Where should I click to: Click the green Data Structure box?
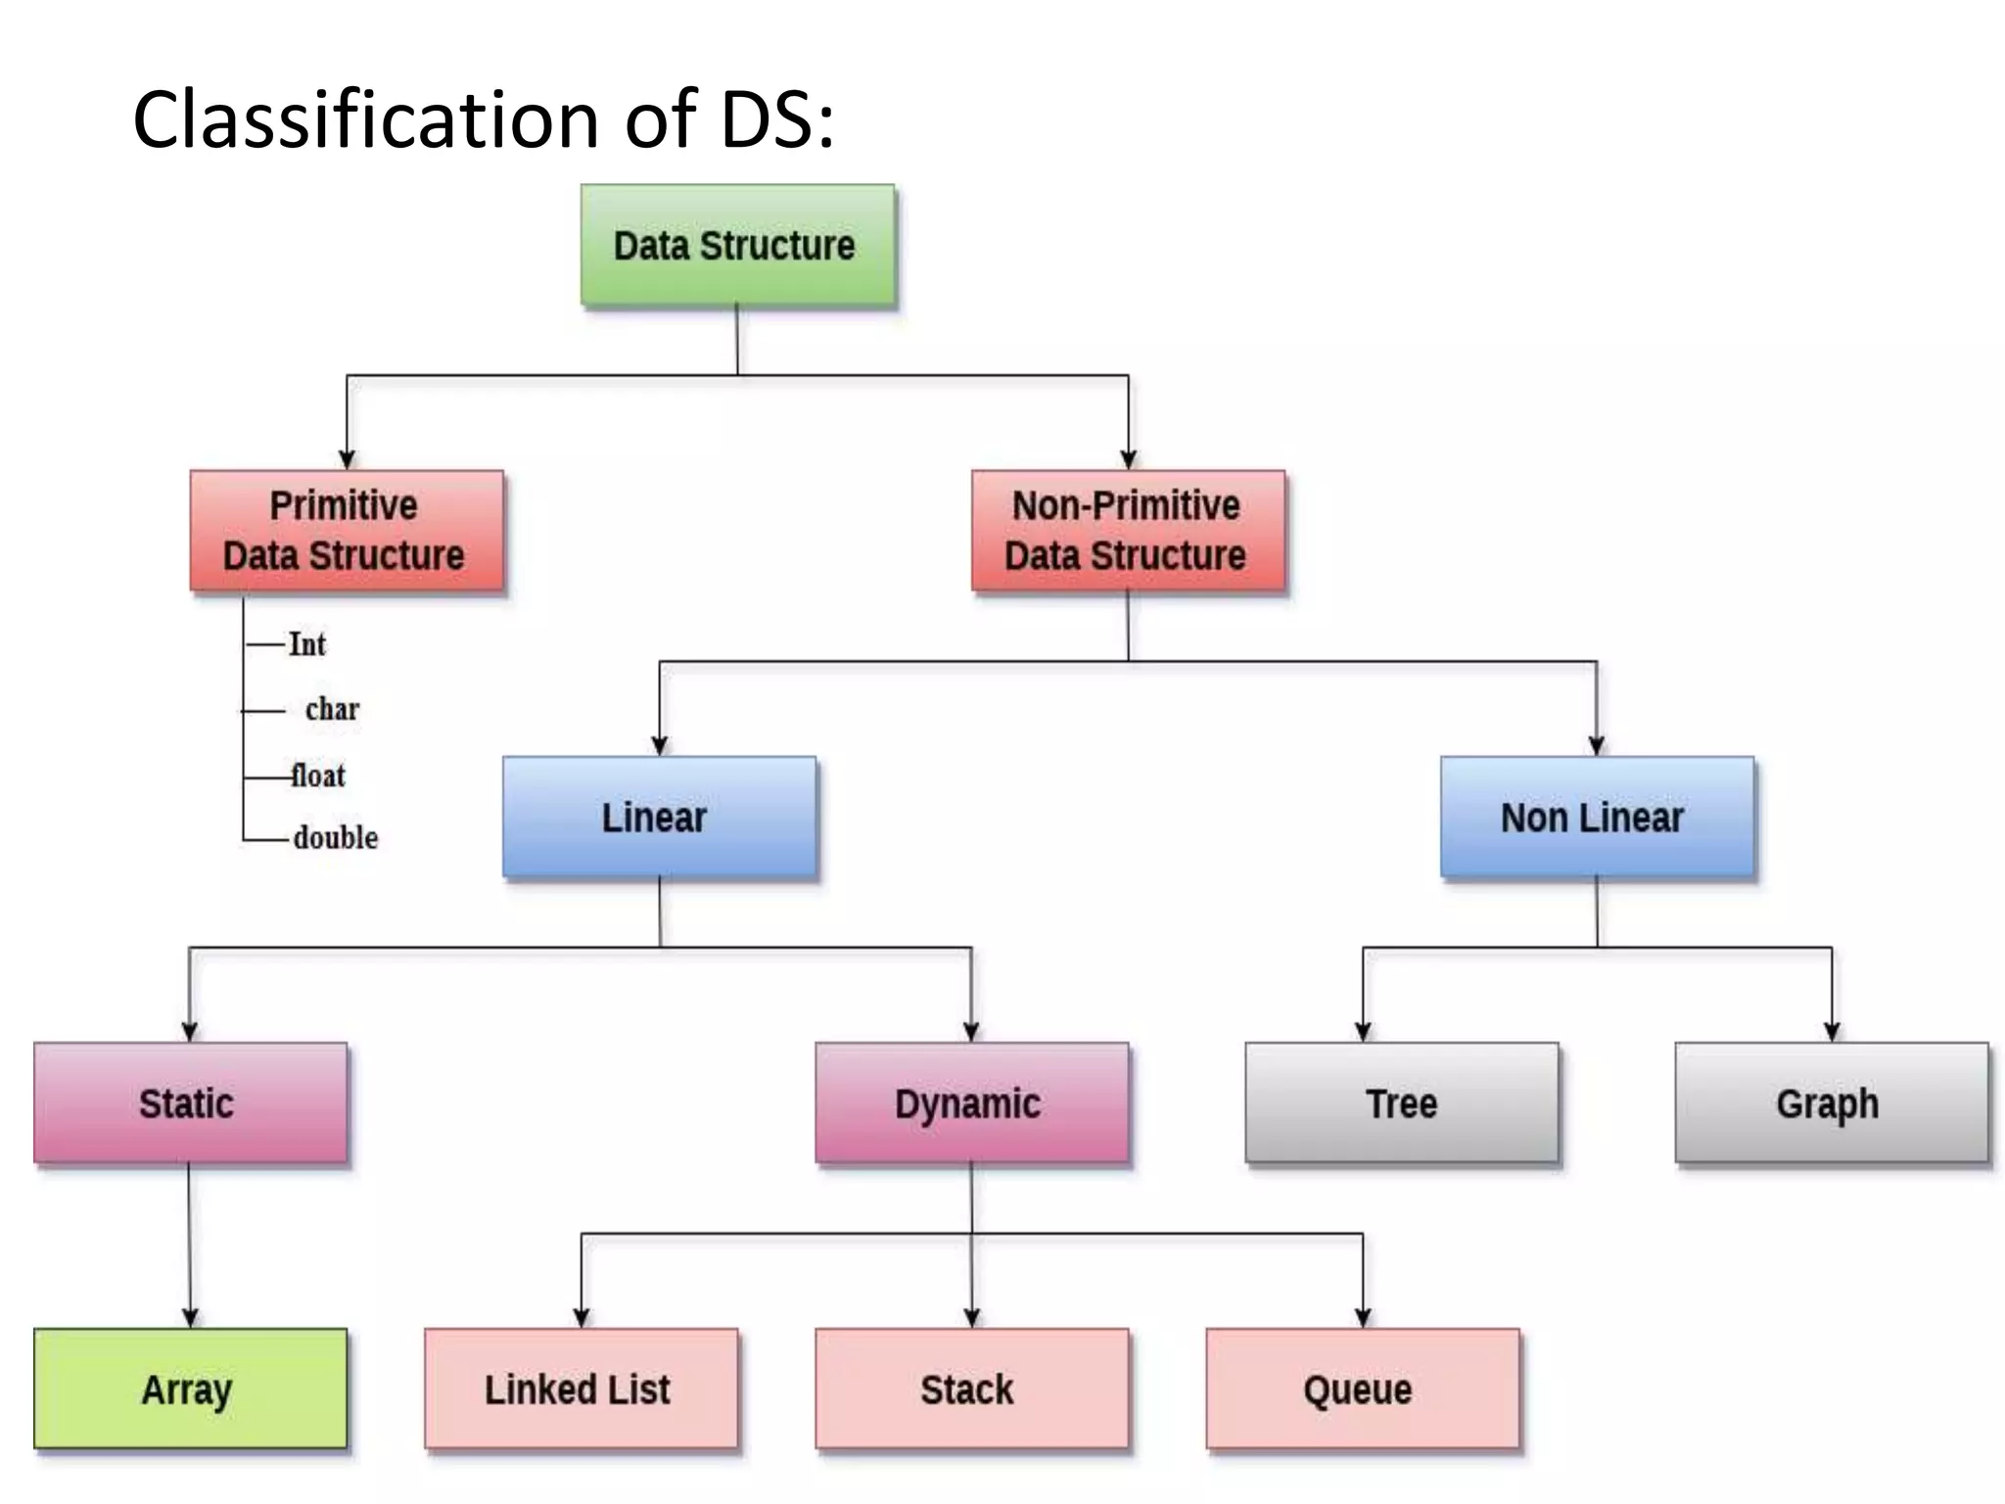tap(737, 246)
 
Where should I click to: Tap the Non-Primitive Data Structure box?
tap(1128, 531)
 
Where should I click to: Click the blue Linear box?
tap(659, 817)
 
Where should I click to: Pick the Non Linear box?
tap(1597, 817)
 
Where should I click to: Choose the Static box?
tap(190, 1103)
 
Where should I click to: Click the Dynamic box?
tap(971, 1103)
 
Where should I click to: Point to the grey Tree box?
tap(1401, 1103)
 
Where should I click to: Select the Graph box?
tap(1831, 1103)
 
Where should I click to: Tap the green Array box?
tap(190, 1388)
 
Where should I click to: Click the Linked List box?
tap(581, 1388)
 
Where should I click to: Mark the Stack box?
tap(971, 1388)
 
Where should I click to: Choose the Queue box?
tap(1362, 1388)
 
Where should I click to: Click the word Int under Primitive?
tap(306, 644)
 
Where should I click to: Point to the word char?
tap(332, 709)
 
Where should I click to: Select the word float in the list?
tap(318, 775)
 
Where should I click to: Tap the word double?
tap(335, 838)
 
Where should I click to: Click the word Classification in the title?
tap(365, 119)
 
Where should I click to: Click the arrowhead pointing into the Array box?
tap(190, 1318)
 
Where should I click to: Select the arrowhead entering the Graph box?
tap(1832, 1032)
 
